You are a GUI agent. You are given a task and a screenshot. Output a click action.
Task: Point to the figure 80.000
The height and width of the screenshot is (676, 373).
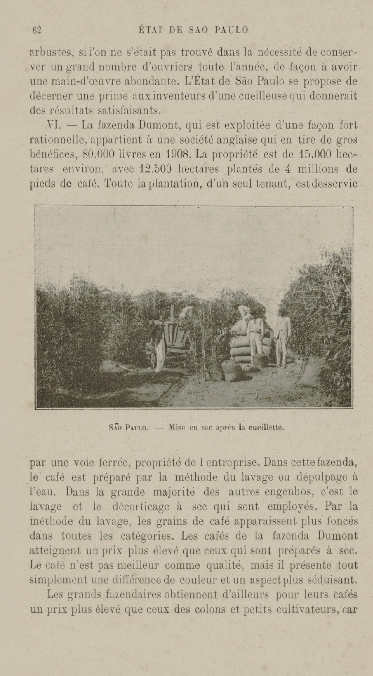99,154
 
